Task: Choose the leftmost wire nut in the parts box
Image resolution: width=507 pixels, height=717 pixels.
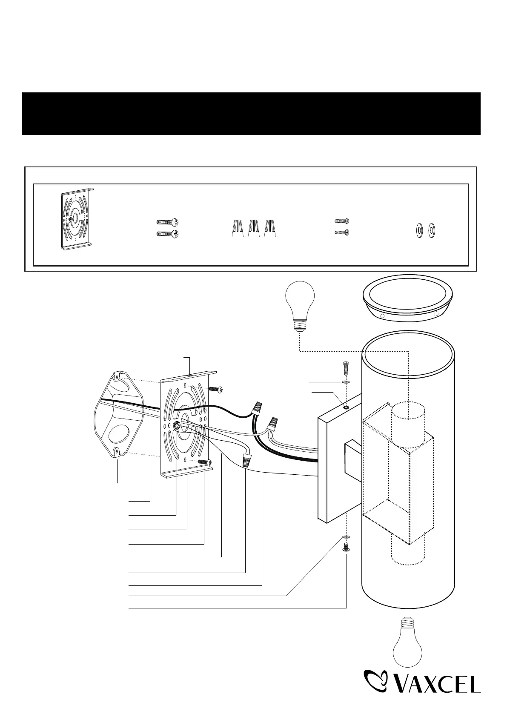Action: (x=238, y=228)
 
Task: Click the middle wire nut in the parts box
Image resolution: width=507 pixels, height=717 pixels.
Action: (x=254, y=228)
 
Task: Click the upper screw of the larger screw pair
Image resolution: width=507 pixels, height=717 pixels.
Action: (x=167, y=222)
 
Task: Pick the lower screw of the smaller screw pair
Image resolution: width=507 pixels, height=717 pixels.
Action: (x=342, y=232)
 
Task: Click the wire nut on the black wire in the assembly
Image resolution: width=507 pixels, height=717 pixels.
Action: (x=257, y=409)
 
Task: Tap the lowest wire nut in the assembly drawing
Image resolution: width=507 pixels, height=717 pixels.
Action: (x=246, y=460)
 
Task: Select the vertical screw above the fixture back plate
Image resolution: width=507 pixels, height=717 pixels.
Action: (x=346, y=367)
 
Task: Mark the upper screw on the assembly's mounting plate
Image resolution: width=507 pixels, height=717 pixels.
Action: (x=215, y=389)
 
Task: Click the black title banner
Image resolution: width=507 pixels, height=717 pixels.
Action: (x=251, y=113)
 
